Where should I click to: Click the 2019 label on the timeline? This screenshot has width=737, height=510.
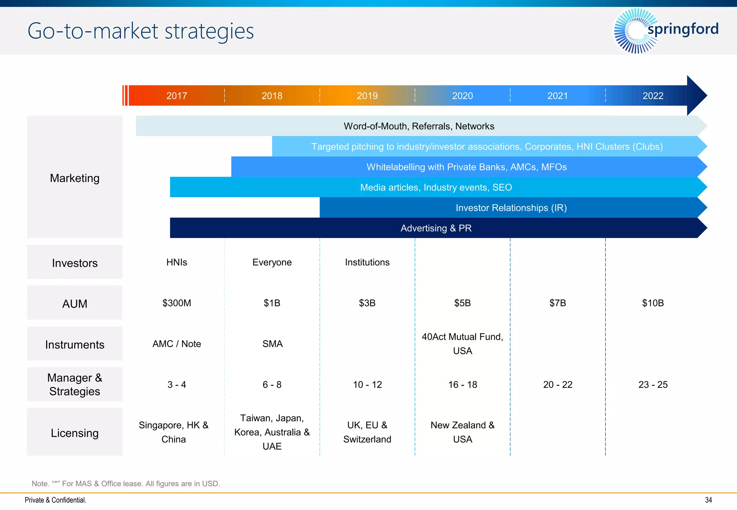pos(367,96)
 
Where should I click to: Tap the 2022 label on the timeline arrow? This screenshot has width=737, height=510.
pos(653,96)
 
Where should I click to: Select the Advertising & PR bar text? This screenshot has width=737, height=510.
pos(436,228)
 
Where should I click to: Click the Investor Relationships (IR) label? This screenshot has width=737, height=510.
pos(511,208)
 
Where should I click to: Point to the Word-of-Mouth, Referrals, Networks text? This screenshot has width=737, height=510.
pos(419,126)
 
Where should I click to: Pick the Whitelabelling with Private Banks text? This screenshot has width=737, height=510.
pos(466,167)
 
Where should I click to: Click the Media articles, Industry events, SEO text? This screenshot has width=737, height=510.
pos(436,187)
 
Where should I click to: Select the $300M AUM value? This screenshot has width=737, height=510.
pos(177,303)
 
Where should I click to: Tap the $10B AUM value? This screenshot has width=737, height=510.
pos(653,303)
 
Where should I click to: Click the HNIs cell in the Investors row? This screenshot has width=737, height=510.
pos(177,262)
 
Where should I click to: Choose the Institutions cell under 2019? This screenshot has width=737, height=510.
pos(367,262)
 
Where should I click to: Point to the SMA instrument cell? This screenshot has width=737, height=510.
pos(272,344)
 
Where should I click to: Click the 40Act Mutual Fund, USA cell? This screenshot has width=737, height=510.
pos(462,343)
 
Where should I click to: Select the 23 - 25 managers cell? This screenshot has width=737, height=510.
pos(653,384)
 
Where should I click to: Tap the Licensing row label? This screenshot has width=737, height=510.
pos(74,433)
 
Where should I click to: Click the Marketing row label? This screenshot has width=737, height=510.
pos(74,178)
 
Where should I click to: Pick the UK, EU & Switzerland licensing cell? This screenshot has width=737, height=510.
pos(367,432)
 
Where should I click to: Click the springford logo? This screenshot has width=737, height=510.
pos(666,30)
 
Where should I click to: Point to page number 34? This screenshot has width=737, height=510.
pos(708,500)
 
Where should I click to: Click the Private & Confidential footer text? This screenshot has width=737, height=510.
pos(55,500)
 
